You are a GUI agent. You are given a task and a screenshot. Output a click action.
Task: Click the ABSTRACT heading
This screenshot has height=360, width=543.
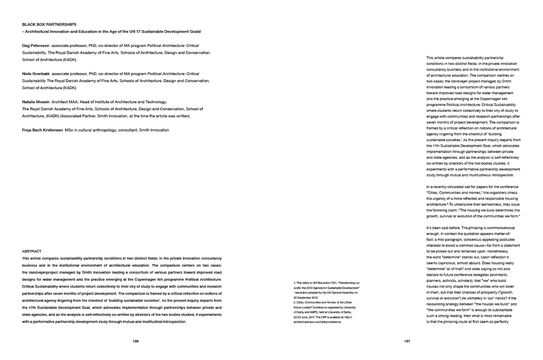[31, 250]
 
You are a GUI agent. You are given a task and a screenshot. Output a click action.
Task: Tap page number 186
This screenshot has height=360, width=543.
[135, 341]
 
